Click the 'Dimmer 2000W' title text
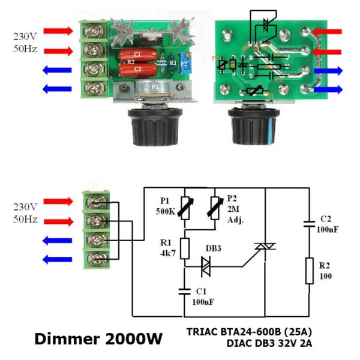tap(98, 338)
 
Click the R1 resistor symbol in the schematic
tap(185, 247)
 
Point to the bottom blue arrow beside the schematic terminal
tap(59, 259)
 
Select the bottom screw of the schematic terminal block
tap(96, 260)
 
